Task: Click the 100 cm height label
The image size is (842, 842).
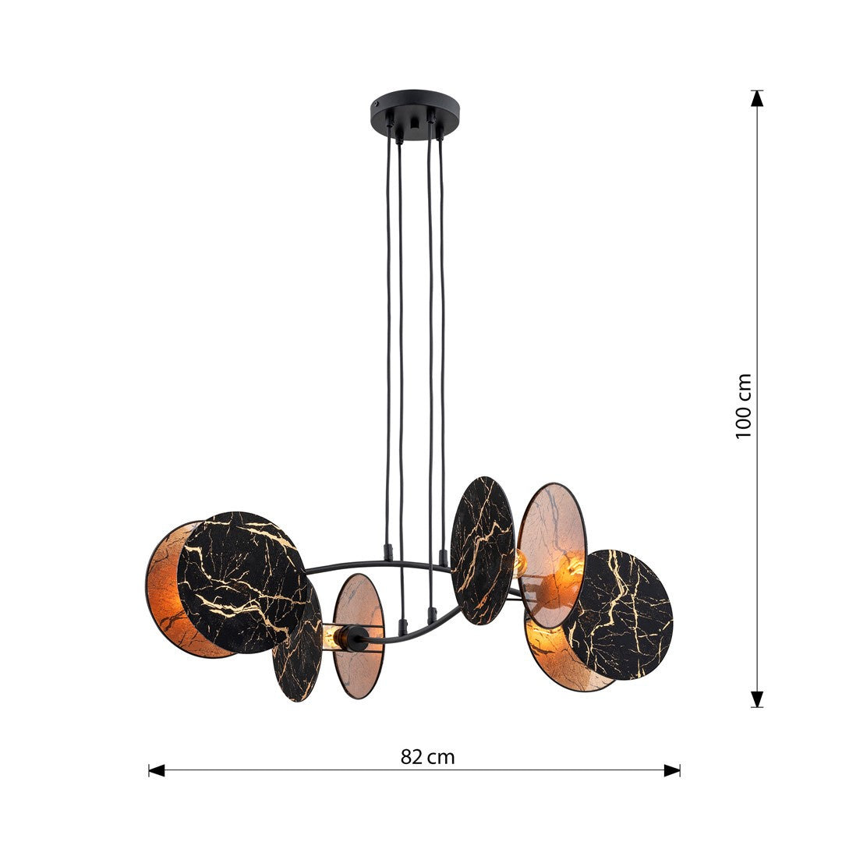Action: point(744,405)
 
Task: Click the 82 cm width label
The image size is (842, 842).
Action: point(427,756)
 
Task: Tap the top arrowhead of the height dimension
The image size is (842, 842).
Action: point(756,98)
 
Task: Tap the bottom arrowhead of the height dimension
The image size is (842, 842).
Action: point(756,699)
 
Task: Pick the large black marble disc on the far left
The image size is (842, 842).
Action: point(242,581)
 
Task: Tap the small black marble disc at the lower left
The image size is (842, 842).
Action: point(297,651)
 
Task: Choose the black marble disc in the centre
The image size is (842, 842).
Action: point(482,549)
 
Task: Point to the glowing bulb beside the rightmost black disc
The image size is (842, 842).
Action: point(575,566)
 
